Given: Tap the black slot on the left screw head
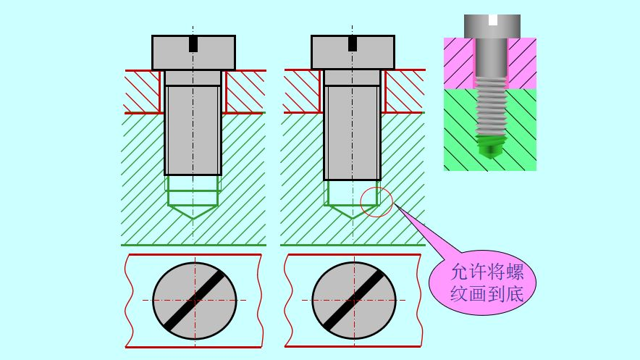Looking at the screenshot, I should (x=193, y=44).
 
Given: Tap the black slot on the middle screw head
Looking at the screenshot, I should (x=353, y=44).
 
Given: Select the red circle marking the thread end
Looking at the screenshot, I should (x=376, y=201).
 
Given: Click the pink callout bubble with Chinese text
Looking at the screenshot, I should (x=484, y=282).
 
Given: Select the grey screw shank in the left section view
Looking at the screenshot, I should (x=193, y=130).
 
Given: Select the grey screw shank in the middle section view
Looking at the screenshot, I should (x=353, y=130).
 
